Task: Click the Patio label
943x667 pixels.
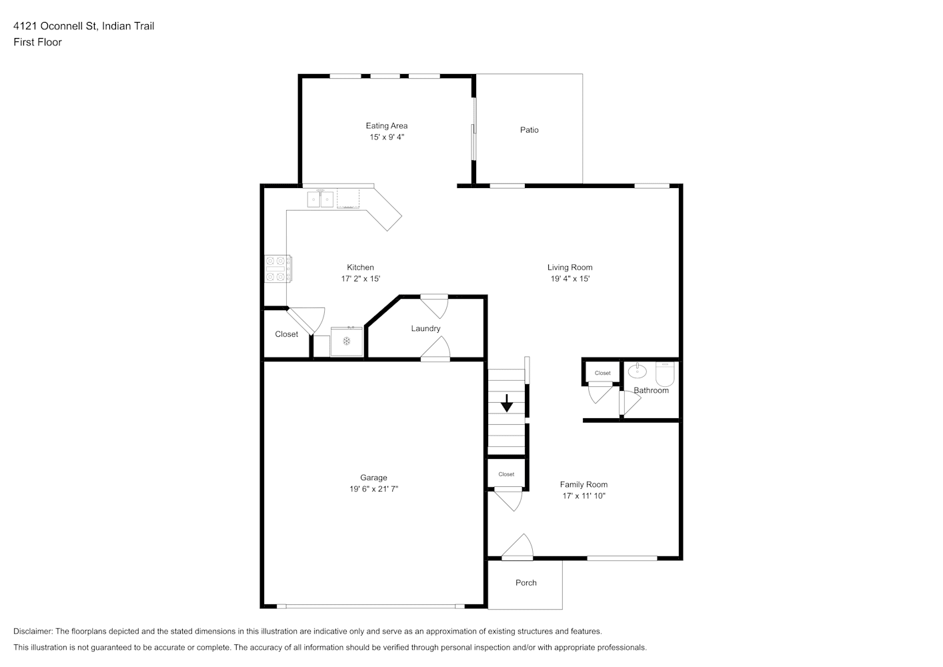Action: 529,129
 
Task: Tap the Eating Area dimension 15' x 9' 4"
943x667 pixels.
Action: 387,137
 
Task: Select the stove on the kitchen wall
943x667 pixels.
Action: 278,269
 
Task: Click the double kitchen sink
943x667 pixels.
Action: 320,199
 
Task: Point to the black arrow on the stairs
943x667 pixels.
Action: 507,403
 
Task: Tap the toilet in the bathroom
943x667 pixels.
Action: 665,374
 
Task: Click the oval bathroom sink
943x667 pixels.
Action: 638,371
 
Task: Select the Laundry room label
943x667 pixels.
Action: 425,328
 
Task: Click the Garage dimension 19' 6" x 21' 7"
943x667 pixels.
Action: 374,489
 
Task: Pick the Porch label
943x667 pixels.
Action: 526,583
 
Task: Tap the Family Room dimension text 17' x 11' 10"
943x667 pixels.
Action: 584,496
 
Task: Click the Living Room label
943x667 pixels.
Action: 570,267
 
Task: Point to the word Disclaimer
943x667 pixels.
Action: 33,631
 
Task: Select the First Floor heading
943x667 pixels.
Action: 37,42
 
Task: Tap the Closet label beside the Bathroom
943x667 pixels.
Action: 602,373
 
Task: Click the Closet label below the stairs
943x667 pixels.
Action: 506,474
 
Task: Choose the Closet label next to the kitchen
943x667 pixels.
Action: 287,334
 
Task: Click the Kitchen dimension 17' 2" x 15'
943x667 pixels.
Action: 361,279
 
